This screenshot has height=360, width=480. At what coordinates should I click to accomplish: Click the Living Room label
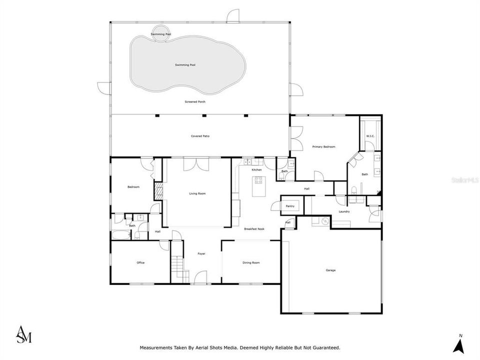click(x=197, y=193)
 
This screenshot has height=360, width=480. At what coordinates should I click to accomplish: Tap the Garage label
click(x=330, y=270)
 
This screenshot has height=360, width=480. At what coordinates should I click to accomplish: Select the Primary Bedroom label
click(x=323, y=146)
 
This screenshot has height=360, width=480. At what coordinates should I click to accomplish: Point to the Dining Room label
click(x=251, y=262)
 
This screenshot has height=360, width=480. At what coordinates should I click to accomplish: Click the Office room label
click(x=140, y=262)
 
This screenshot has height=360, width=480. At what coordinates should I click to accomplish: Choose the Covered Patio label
click(x=199, y=136)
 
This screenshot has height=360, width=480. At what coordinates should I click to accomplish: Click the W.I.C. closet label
click(x=370, y=136)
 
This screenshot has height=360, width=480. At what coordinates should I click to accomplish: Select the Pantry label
click(x=290, y=206)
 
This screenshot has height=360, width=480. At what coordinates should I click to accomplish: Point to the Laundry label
click(x=344, y=211)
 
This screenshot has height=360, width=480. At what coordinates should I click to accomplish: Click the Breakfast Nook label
click(x=254, y=229)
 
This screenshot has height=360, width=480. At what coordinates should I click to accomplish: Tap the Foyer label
click(x=201, y=254)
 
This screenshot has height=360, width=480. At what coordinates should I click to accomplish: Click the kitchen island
click(x=258, y=186)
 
